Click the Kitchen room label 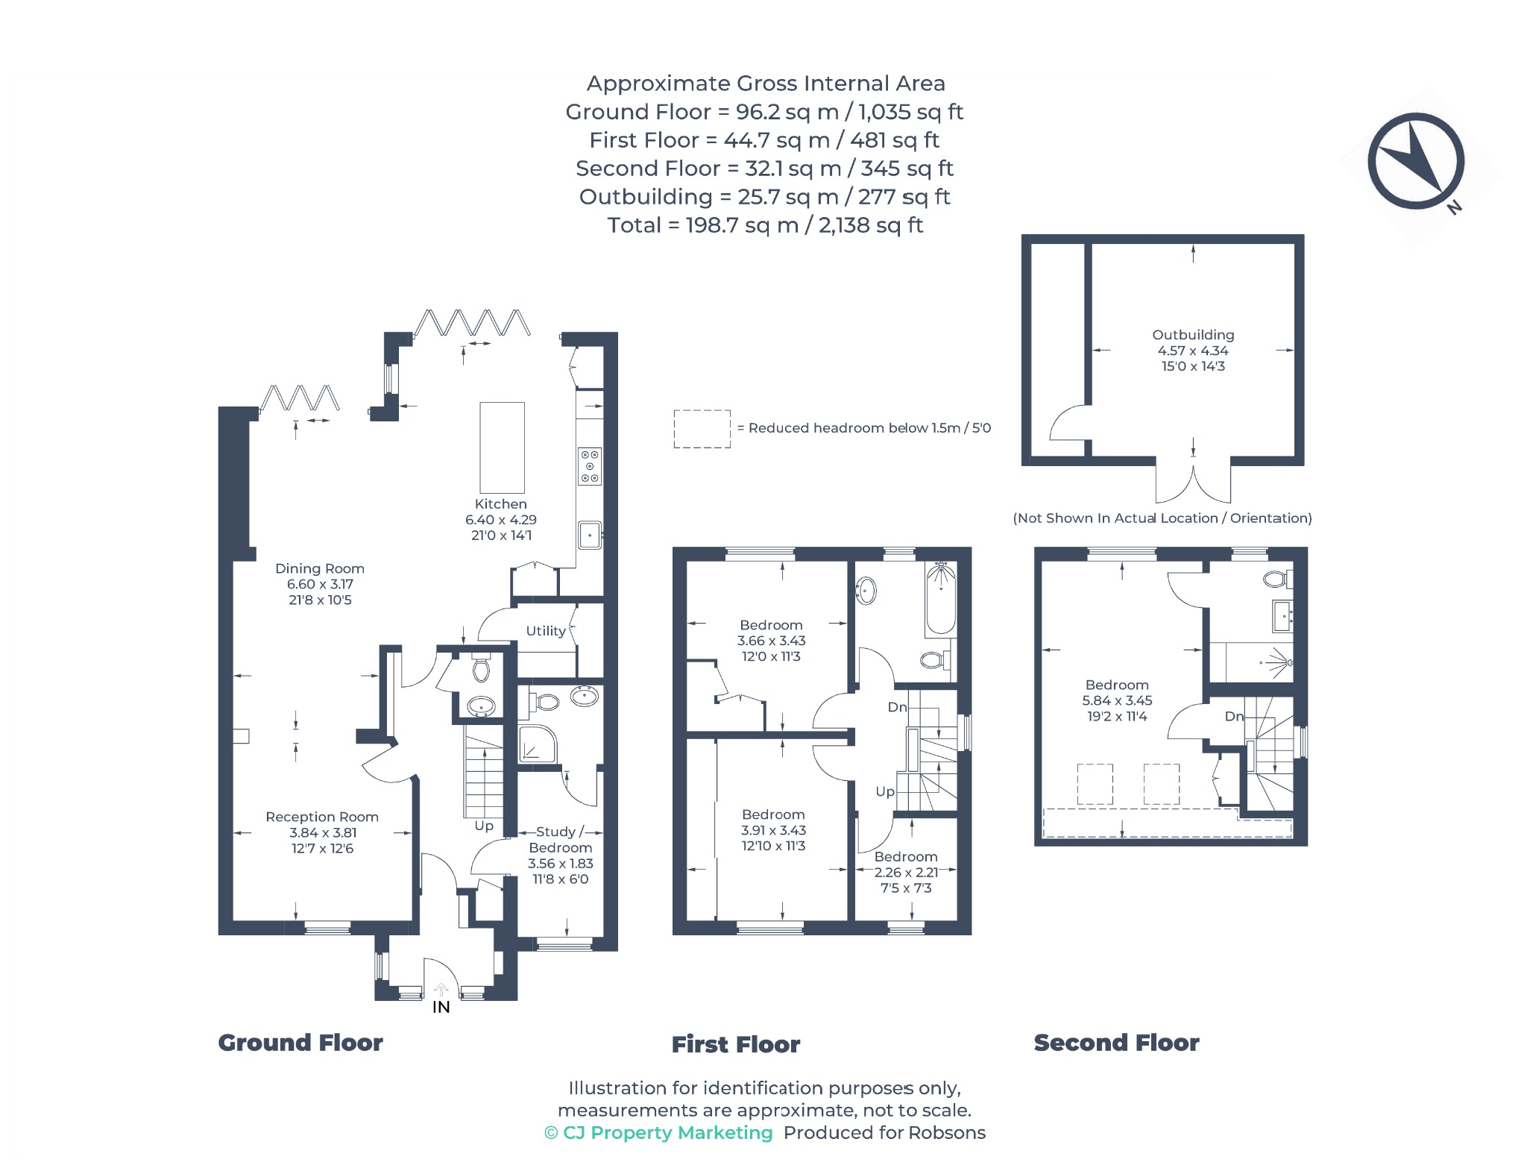pos(500,504)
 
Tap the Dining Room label pos(320,568)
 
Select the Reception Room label pos(322,817)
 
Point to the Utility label pos(546,631)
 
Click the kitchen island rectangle pos(502,448)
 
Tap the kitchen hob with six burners pos(590,466)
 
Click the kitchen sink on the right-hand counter pos(590,535)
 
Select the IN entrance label pos(441,1008)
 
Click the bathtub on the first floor pos(940,598)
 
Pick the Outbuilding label pos(1193,335)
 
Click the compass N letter pos(1454,207)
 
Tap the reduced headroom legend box pos(702,429)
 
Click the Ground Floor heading pos(300,1043)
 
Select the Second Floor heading pos(1116,1043)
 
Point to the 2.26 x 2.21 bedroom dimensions pos(906,873)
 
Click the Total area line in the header pos(765,225)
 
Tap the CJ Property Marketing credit pos(658,1133)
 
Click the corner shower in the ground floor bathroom pos(537,744)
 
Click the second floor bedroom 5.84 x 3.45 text pos(1117,700)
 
